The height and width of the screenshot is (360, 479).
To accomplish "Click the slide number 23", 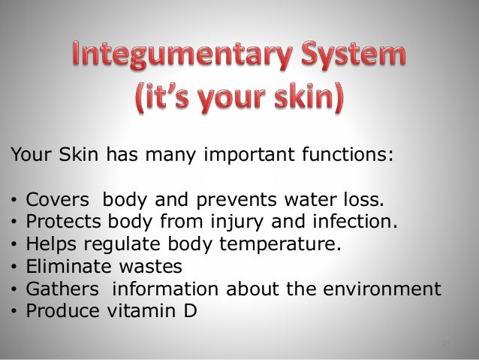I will pos(445,343).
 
